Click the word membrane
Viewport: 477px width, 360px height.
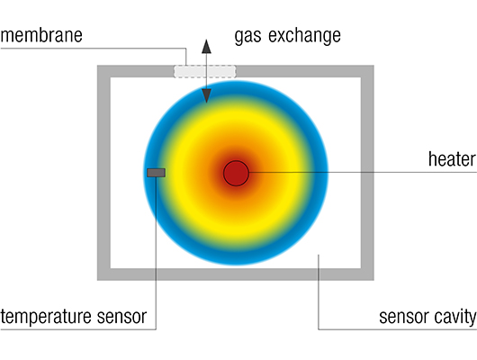point(41,35)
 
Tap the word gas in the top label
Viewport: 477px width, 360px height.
point(247,37)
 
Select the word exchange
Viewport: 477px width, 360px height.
point(304,36)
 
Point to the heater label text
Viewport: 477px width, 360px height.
point(452,159)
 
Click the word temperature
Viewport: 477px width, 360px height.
point(46,317)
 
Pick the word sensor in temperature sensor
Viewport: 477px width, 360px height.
point(122,317)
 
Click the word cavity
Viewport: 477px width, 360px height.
point(455,318)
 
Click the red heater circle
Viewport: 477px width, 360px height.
point(236,173)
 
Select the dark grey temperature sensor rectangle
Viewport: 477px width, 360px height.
point(156,173)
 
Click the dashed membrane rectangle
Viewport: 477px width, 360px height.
point(204,71)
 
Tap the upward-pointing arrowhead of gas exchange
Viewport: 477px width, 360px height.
point(206,46)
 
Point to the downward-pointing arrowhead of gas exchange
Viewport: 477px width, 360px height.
point(206,96)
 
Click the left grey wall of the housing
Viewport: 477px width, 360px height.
point(103,173)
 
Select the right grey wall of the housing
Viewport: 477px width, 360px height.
point(367,173)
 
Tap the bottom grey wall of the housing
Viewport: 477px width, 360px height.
point(236,274)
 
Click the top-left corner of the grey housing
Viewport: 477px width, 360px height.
point(97,66)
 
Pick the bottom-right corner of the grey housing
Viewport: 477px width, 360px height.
point(373,280)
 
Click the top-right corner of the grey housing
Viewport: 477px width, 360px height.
point(373,66)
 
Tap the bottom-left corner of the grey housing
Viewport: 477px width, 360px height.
point(97,280)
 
